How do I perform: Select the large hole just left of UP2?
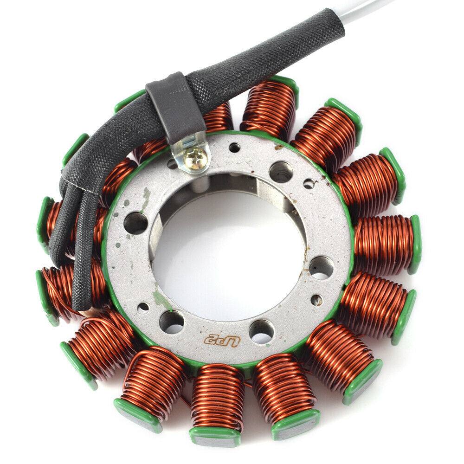pos(172,321)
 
